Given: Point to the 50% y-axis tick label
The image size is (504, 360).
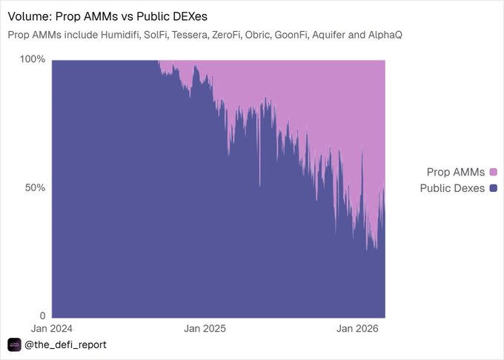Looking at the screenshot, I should point(36,187).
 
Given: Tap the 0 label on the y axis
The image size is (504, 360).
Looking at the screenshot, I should point(42,316).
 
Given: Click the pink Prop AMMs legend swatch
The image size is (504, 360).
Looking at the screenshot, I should point(492,173).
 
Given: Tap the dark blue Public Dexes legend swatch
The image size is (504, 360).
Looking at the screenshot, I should point(492,188).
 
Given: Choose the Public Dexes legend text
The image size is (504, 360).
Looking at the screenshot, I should point(452,188).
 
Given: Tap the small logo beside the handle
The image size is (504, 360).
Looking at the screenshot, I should point(14,345).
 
